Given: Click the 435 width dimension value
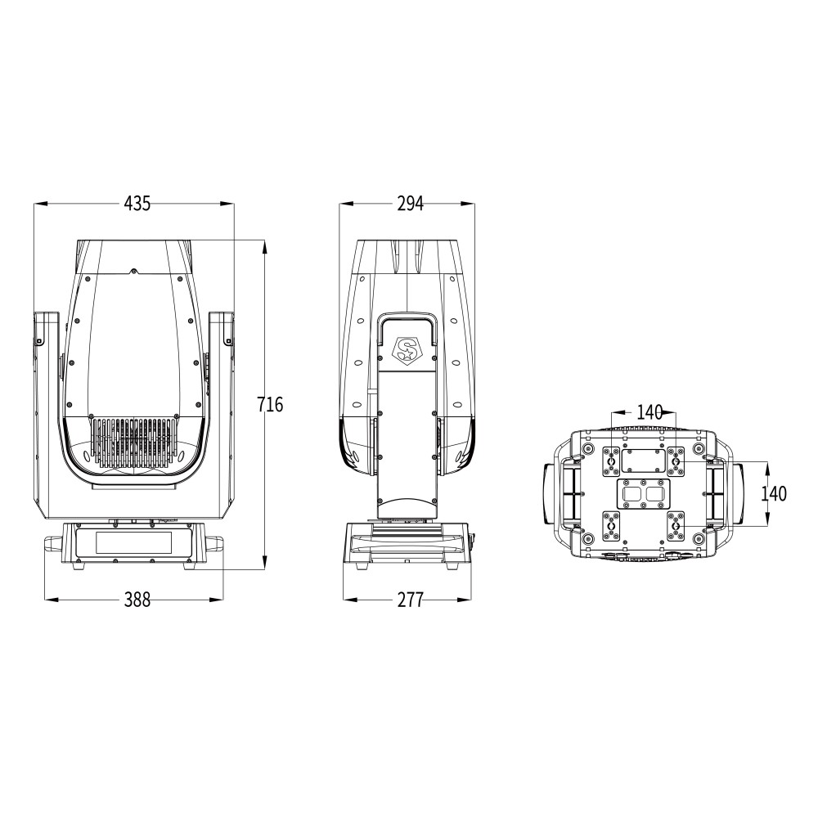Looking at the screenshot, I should [x=137, y=204].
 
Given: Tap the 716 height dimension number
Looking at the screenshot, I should [x=270, y=404].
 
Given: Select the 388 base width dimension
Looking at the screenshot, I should [x=137, y=600].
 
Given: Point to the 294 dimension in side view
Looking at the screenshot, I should [x=410, y=204].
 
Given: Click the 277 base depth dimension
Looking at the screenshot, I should [x=410, y=600].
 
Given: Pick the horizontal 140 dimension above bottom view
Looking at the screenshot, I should [x=649, y=412].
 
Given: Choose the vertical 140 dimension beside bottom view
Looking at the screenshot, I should [x=773, y=493].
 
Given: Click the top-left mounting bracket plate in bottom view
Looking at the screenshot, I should [x=612, y=461].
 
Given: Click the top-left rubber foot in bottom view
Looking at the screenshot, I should [x=588, y=449].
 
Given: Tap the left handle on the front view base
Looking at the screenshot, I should [x=53, y=543].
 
